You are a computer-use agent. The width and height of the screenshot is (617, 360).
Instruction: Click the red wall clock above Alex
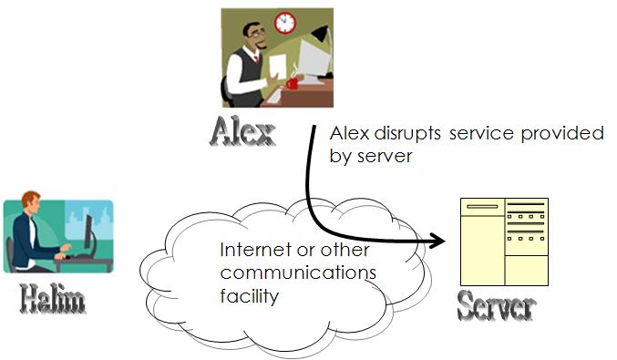285,22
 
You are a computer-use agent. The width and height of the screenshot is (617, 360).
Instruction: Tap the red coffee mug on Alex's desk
292,83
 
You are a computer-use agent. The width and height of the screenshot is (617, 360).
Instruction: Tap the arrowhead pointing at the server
440,240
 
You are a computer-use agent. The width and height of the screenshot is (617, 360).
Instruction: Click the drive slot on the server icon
482,207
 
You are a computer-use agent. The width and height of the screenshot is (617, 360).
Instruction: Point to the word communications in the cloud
299,273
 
